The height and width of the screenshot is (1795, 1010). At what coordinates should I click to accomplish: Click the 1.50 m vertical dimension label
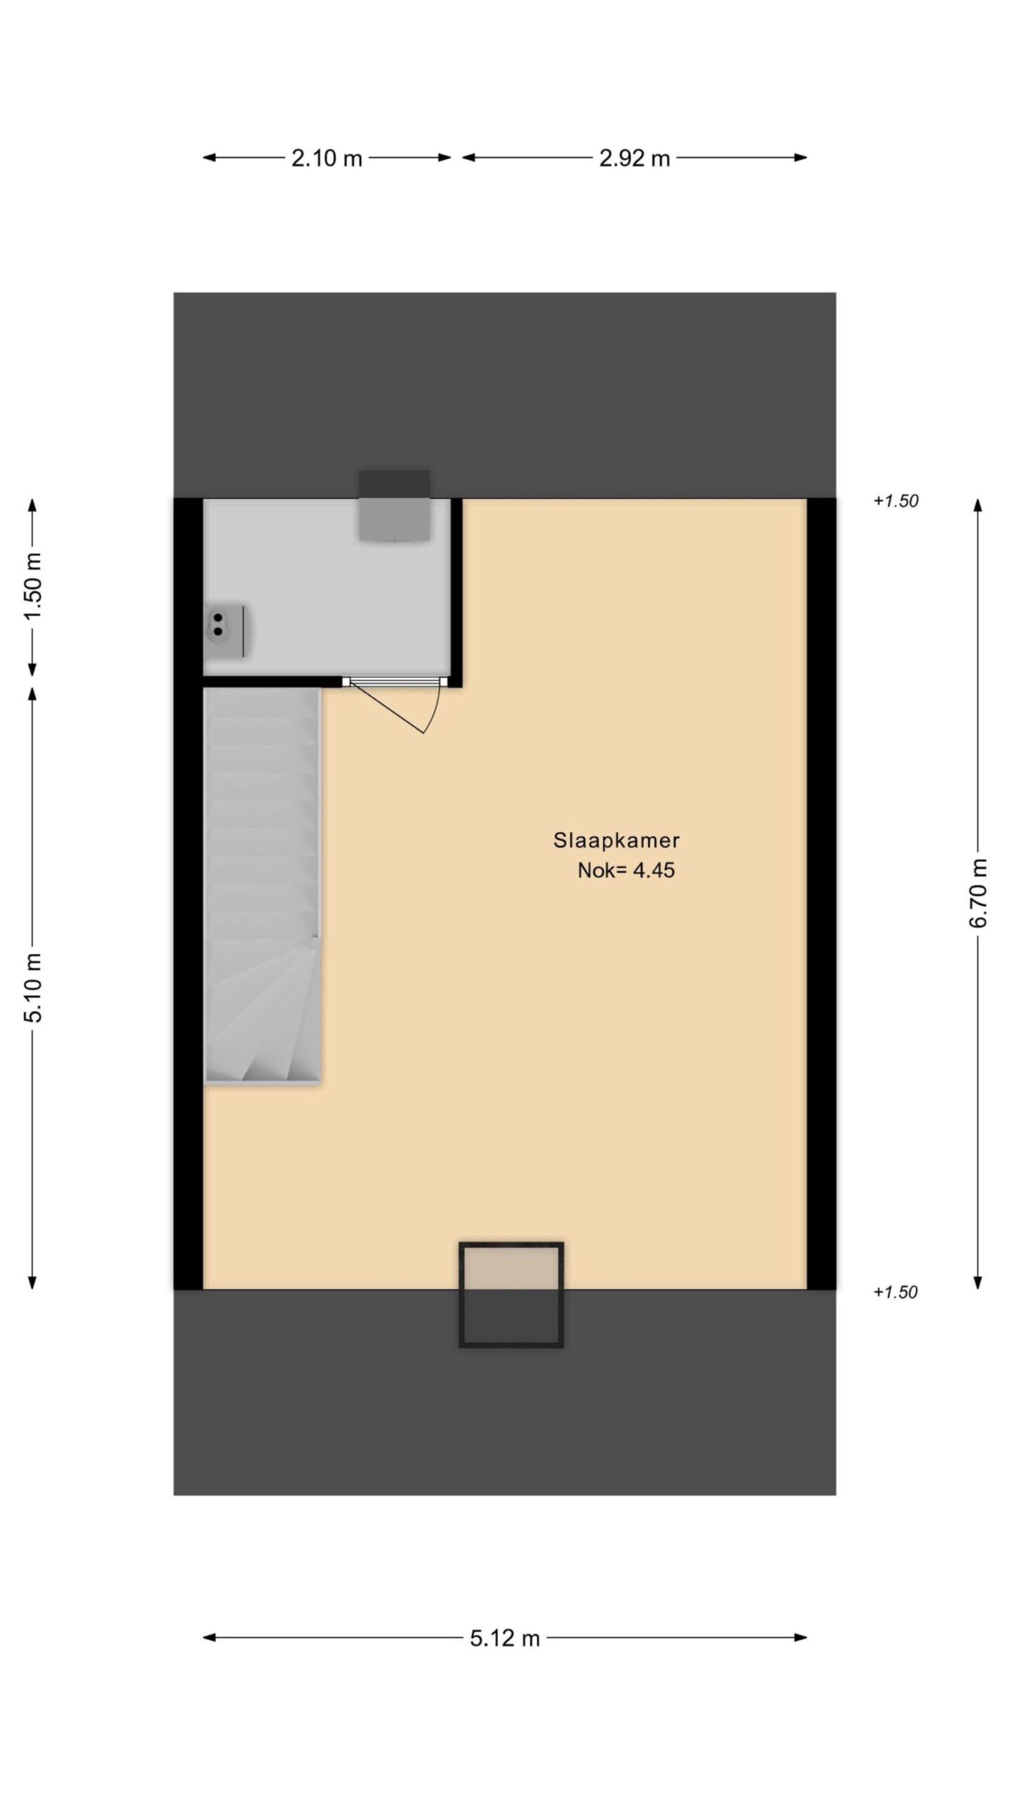33,586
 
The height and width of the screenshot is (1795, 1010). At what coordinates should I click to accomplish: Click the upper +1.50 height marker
896,501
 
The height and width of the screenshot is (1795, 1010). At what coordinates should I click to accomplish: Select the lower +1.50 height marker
896,1292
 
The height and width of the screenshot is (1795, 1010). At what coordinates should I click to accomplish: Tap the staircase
263,885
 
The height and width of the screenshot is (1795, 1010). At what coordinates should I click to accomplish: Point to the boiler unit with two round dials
226,631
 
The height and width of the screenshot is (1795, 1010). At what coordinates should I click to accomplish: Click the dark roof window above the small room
394,506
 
